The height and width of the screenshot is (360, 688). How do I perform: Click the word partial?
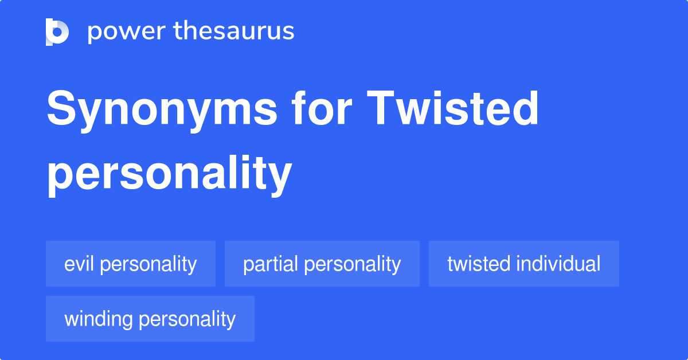[271, 264]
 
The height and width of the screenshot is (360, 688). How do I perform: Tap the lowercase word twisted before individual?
[479, 264]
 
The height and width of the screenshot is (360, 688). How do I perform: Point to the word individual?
[558, 264]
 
